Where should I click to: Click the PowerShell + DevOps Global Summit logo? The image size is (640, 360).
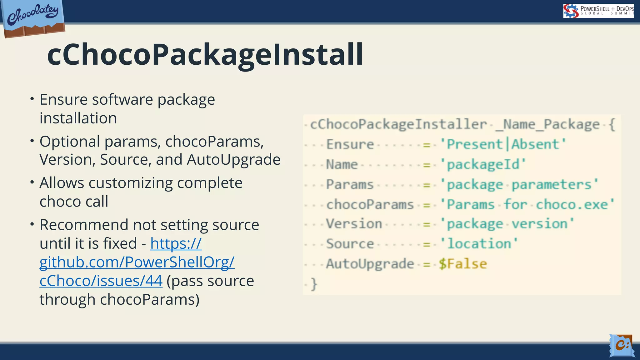click(598, 11)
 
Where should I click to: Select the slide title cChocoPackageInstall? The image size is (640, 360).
click(205, 55)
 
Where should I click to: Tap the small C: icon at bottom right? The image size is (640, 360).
click(621, 345)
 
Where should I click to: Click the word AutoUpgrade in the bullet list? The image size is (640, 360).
click(233, 160)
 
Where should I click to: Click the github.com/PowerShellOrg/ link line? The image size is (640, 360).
click(137, 262)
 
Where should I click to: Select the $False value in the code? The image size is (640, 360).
click(463, 264)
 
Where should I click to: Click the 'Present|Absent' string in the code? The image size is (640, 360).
click(503, 144)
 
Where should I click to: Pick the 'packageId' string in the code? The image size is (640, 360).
click(483, 164)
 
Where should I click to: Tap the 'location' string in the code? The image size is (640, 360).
click(479, 244)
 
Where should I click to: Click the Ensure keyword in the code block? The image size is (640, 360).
click(350, 144)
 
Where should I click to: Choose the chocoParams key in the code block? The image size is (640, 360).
click(370, 205)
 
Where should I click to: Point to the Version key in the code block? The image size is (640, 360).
click(354, 224)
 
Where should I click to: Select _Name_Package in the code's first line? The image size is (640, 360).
click(547, 124)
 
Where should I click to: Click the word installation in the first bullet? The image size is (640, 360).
click(78, 118)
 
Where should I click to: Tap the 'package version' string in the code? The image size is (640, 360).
click(507, 224)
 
